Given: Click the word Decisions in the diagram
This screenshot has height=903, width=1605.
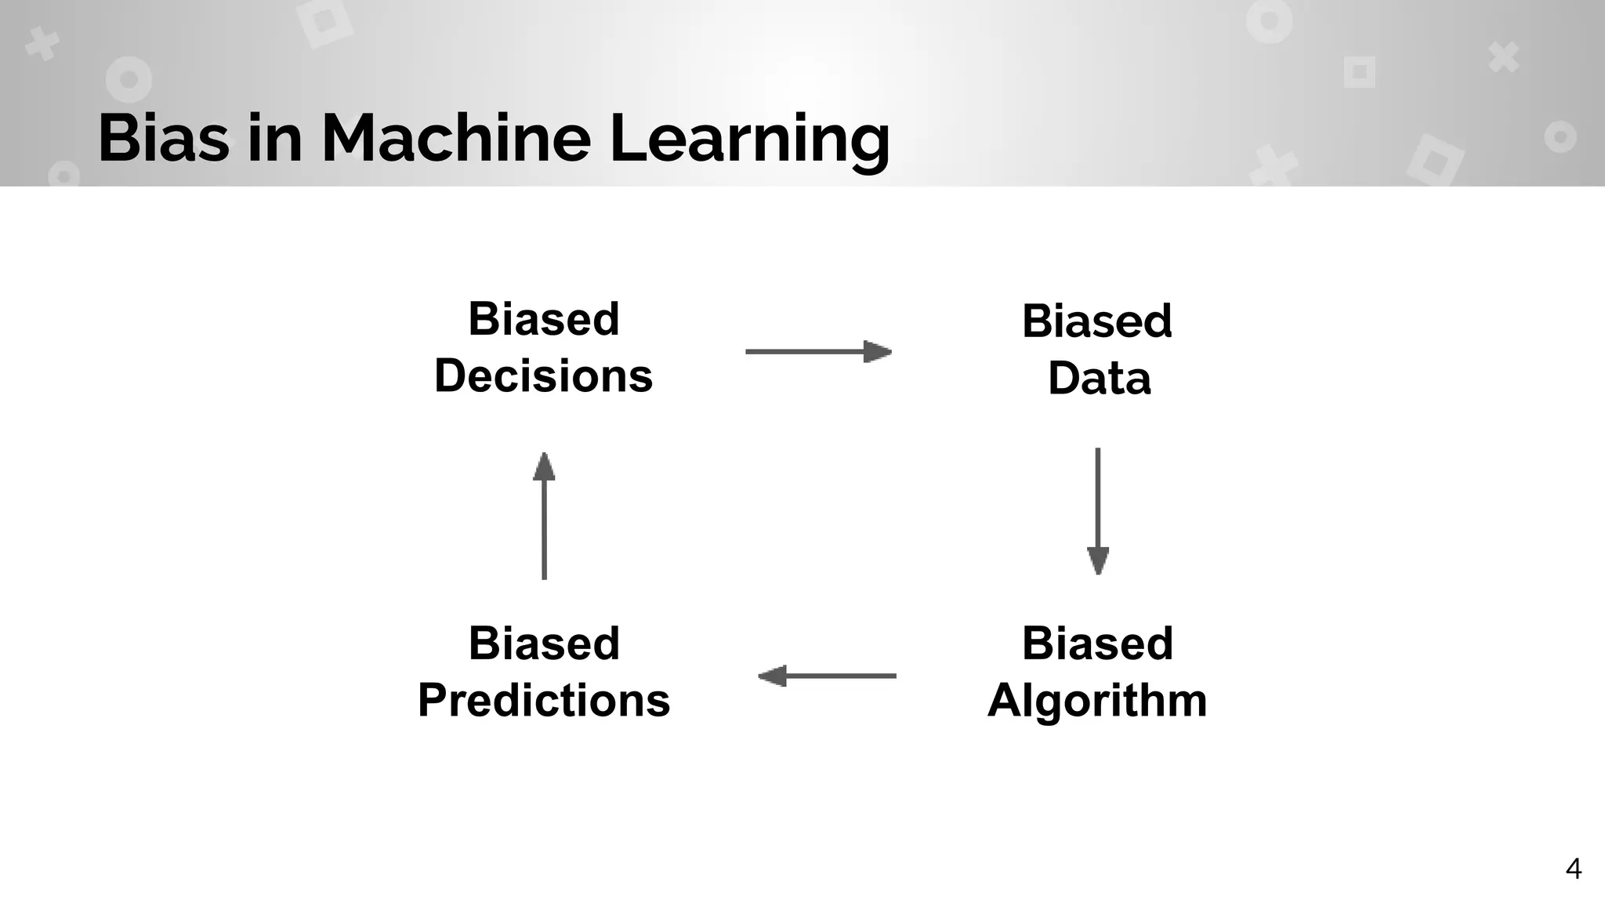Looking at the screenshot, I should (543, 376).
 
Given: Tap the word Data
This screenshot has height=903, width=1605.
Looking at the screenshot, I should (1099, 379).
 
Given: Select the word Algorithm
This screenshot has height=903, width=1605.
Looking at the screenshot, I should (1096, 700).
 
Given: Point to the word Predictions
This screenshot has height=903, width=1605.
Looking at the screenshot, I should (544, 700).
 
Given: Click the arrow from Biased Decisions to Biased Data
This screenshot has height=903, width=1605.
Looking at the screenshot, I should (817, 352).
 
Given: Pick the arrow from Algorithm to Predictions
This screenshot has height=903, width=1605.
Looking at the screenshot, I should (827, 676).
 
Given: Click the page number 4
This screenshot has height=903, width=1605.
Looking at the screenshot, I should (1573, 869).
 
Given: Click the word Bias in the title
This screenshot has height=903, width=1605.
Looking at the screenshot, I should (164, 139).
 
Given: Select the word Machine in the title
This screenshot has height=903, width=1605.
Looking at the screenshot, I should (455, 139).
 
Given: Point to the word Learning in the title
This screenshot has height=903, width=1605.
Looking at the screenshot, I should (749, 139).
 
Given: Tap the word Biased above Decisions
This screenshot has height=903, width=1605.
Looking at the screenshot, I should (544, 319).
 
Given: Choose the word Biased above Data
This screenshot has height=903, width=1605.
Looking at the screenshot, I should (1096, 321).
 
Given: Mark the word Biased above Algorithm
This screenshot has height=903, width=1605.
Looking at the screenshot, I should (1097, 644).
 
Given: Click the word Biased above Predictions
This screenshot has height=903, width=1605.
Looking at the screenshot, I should (544, 644).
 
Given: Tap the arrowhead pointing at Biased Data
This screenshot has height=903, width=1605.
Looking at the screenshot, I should (878, 352).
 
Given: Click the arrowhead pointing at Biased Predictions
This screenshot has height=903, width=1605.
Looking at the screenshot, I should (773, 676).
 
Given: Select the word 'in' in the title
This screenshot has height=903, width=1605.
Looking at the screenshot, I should (275, 139).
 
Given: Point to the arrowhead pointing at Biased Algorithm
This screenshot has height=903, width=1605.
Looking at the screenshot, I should (1097, 560).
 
